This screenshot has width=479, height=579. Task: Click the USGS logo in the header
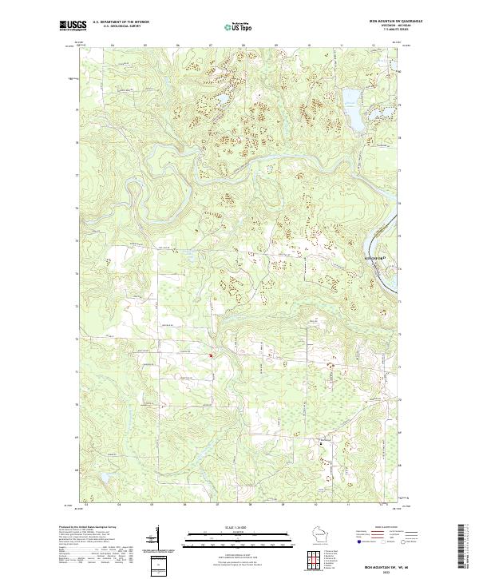click(x=71, y=26)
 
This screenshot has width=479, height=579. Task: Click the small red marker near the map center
click(x=210, y=356)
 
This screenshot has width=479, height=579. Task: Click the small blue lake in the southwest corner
click(x=101, y=480)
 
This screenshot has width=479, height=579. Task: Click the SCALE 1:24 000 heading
click(x=228, y=525)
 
